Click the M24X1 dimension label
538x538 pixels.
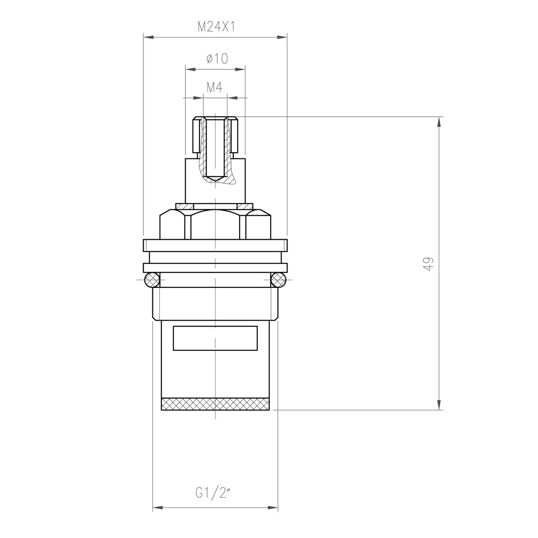pos(216,27)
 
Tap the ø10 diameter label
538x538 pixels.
pos(217,58)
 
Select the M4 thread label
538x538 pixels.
pos(214,88)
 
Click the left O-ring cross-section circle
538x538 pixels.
pos(152,280)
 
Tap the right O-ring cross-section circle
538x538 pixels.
pos(278,280)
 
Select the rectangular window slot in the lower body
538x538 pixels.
pos(215,338)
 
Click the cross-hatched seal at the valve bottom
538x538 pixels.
pos(215,404)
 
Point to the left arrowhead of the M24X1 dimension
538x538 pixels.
pos(148,37)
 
